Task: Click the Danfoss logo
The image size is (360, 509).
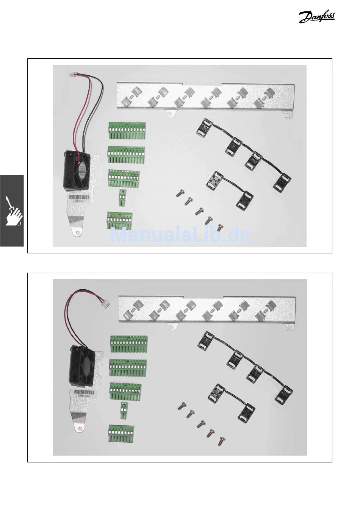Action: tap(317, 17)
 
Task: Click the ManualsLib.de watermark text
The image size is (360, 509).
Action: tap(180, 235)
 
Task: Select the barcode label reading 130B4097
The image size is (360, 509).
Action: tap(79, 198)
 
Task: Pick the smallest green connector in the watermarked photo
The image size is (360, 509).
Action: tap(122, 198)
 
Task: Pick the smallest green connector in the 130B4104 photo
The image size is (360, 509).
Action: tap(124, 411)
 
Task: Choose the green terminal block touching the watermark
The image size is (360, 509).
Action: tap(119, 221)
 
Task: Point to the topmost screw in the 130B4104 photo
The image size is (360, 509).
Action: tap(182, 408)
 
